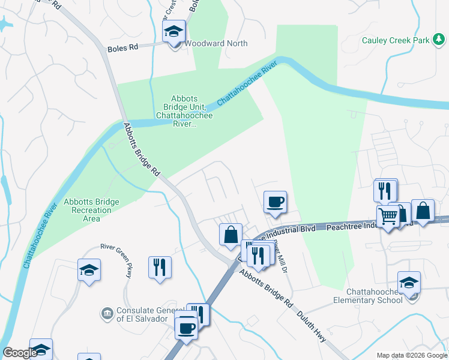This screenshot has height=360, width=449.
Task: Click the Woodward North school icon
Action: tap(174, 33)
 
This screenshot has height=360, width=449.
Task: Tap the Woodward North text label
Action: tap(215, 43)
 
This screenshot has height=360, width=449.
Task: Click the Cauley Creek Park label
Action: tap(396, 41)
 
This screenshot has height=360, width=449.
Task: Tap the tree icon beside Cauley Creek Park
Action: tap(441, 40)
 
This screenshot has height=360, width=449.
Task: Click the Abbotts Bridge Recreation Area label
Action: tap(91, 210)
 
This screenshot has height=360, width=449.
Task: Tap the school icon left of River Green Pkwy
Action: tap(89, 271)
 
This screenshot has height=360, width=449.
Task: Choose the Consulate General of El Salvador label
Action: tap(142, 314)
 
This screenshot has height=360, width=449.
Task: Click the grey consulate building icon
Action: tap(107, 313)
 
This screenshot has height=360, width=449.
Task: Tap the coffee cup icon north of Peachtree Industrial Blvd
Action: tap(276, 202)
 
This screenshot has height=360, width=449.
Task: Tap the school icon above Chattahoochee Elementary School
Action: tap(409, 282)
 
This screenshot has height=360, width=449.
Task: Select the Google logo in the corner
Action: tap(20, 353)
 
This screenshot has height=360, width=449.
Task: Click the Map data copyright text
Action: tap(412, 355)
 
